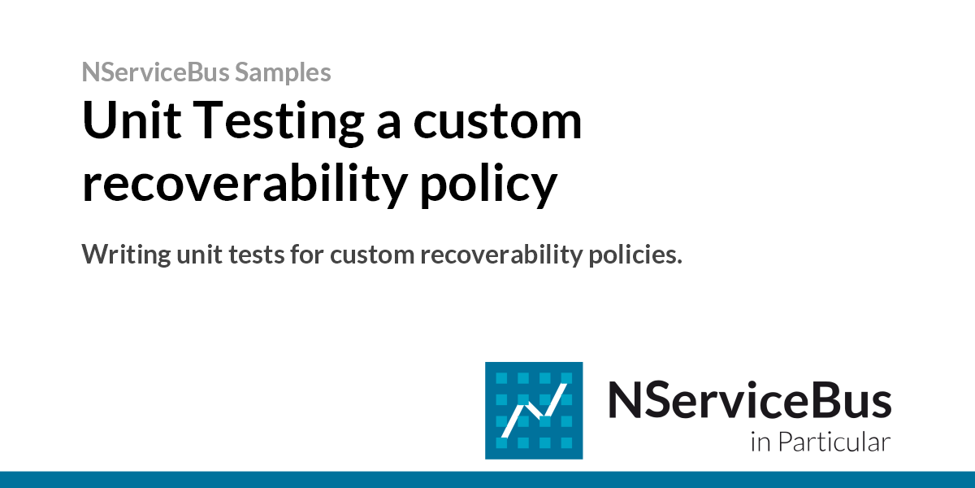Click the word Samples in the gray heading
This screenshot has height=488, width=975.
pos(283,72)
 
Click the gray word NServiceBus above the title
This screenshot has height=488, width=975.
pos(155,72)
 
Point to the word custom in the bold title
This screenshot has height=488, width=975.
pos(497,123)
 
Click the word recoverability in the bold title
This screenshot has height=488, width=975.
pos(245,184)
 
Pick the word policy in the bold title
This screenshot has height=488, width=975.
pos(488,184)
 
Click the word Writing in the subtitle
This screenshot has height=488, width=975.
pos(126,254)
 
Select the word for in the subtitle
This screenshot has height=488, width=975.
pos(307,254)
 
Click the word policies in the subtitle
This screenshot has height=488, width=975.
pos(635,255)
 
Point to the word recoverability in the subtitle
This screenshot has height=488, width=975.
pos(501,255)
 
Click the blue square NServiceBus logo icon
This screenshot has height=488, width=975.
pos(534,411)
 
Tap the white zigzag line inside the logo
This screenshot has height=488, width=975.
pos(534,411)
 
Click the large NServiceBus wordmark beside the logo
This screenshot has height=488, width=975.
pos(749,400)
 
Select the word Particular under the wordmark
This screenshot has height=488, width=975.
pos(834,442)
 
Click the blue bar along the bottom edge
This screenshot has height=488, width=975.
pos(487,480)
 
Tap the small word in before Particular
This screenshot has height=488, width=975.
pos(760,442)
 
